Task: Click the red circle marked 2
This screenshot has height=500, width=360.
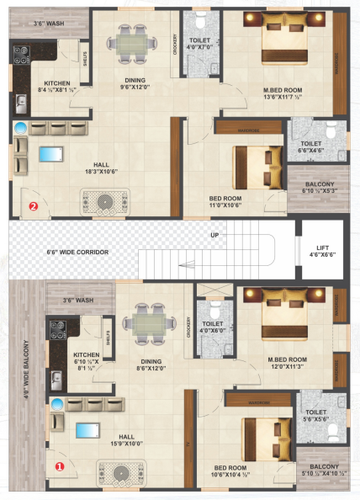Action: tap(34, 205)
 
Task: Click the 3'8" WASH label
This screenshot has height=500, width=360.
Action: tap(37, 24)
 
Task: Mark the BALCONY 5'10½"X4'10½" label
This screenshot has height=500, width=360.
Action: tap(320, 471)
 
